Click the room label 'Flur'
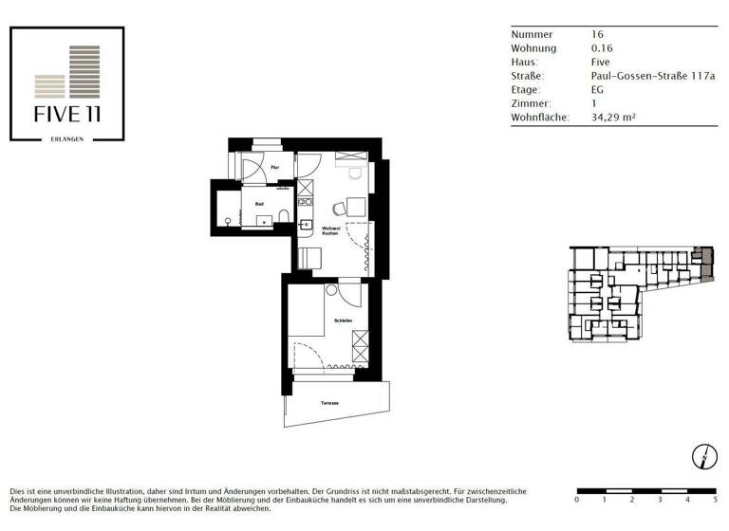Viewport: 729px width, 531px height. pyautogui.click(x=273, y=168)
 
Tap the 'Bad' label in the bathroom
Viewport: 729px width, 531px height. pyautogui.click(x=259, y=203)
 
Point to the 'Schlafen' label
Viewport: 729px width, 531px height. pyautogui.click(x=343, y=322)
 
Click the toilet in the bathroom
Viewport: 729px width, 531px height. pyautogui.click(x=284, y=221)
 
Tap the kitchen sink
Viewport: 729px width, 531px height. pyautogui.click(x=306, y=226)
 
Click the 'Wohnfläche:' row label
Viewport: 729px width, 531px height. pyautogui.click(x=540, y=118)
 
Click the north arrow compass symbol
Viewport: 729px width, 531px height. pyautogui.click(x=703, y=456)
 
